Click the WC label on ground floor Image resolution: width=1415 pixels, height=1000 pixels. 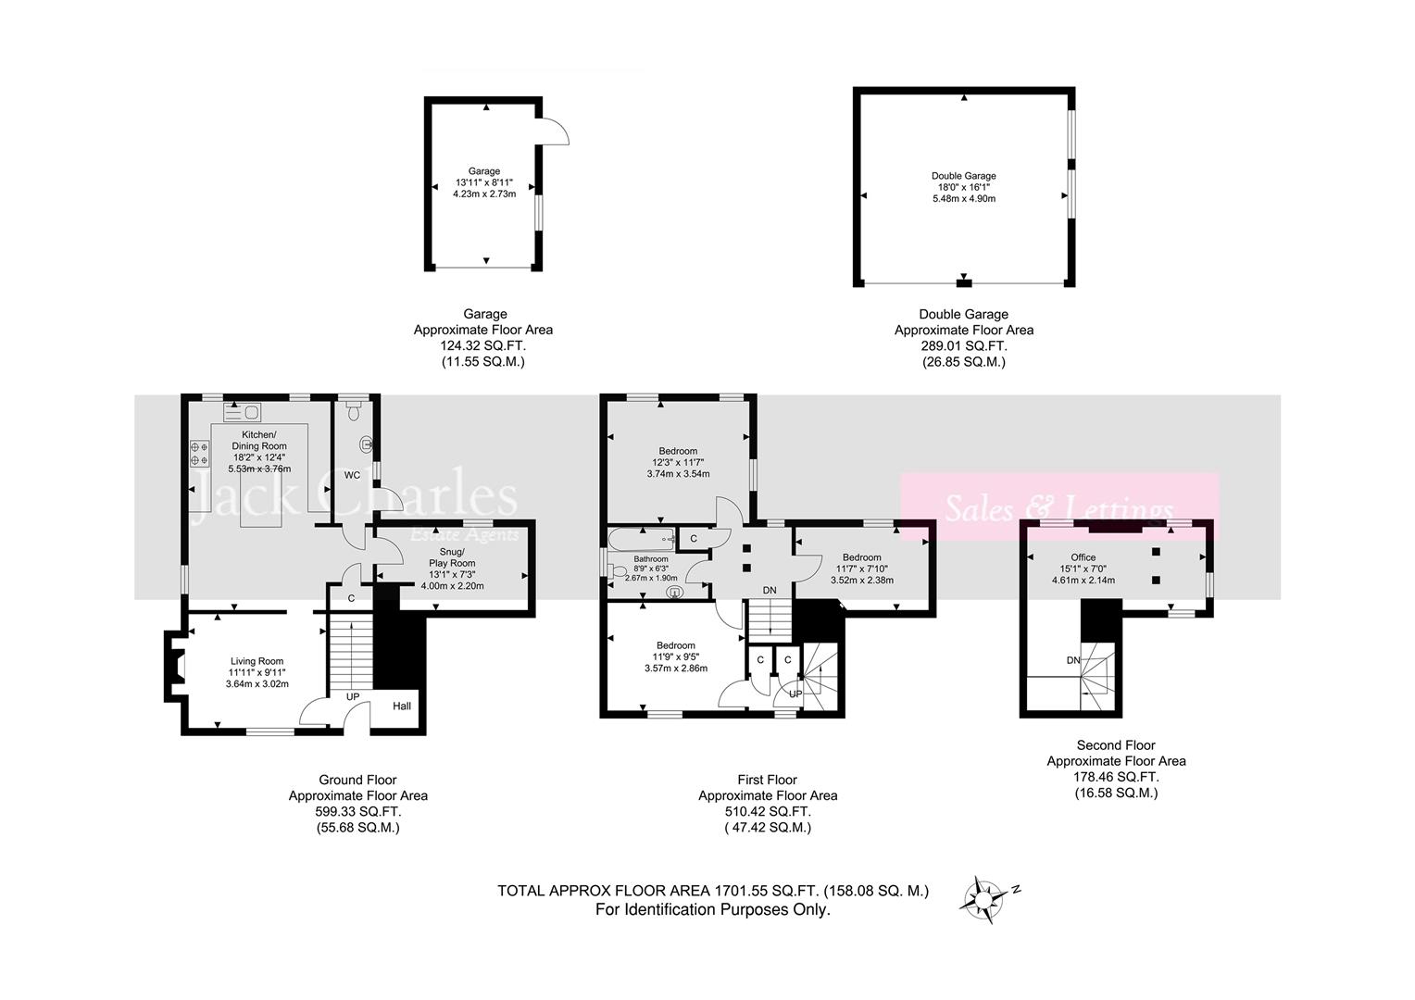[352, 475]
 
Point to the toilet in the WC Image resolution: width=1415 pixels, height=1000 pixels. [368, 442]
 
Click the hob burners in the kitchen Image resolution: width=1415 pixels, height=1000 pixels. [199, 453]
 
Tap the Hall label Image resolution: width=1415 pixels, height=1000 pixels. [402, 706]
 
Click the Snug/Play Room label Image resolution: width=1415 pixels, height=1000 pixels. [452, 556]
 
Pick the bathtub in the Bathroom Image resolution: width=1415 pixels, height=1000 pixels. [641, 538]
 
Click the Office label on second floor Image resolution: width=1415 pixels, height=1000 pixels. [1083, 557]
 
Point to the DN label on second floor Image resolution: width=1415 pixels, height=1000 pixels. [1073, 660]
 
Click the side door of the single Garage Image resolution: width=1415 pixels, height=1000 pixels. [554, 132]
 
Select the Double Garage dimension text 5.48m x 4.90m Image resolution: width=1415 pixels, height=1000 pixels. [963, 198]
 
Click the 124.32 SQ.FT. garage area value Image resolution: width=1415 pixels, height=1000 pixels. [482, 345]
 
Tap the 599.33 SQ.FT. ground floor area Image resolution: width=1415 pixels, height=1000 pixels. [357, 811]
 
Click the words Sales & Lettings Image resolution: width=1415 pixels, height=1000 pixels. [1058, 508]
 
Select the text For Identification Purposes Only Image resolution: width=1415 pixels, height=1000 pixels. [712, 909]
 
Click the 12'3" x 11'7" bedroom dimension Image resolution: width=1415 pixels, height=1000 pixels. [678, 462]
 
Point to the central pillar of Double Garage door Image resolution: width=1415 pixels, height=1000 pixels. [964, 281]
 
